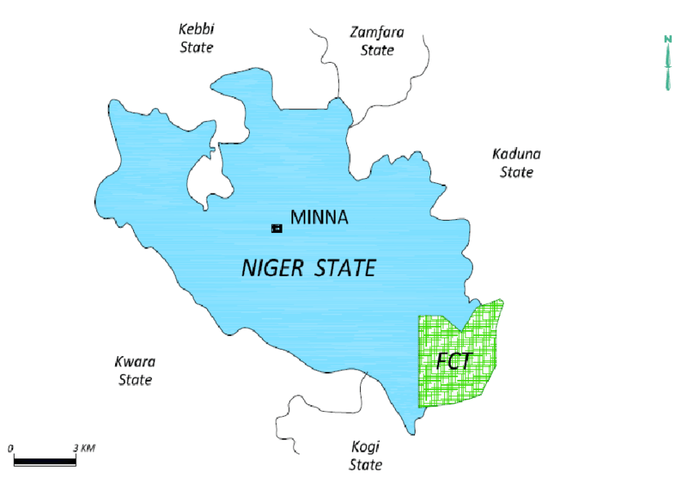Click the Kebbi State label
coord(196,38)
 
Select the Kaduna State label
coord(516,163)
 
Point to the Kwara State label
coord(136,370)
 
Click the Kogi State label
coord(365,455)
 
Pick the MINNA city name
coord(319,218)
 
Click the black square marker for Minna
coord(277,228)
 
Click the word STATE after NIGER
coord(347,268)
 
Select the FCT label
coord(454,361)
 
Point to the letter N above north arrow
coord(668,39)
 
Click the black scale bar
coord(45,461)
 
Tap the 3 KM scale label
coord(84,448)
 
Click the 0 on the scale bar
coord(11,448)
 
